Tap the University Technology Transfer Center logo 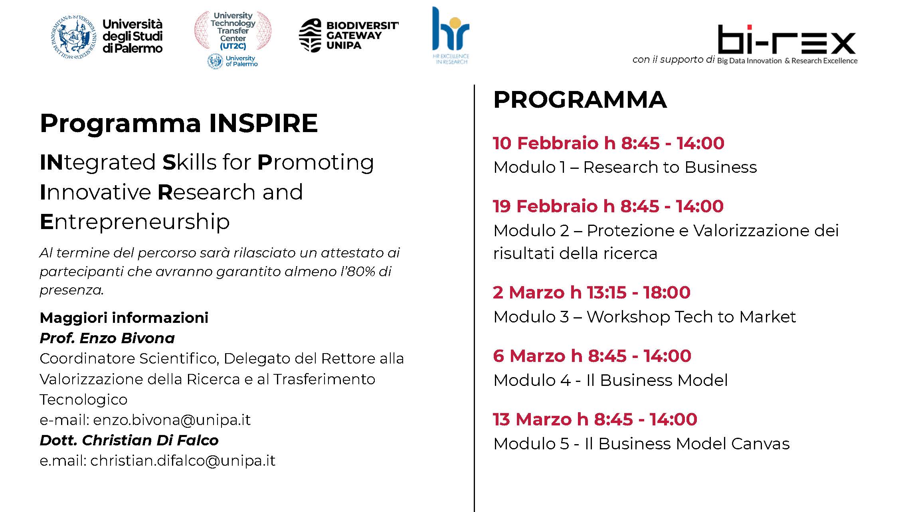(233, 40)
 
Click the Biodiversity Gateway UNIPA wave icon (310, 36)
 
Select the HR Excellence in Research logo (451, 36)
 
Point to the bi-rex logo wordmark (787, 40)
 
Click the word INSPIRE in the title (263, 123)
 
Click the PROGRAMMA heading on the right (580, 100)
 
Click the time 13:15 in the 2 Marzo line (607, 293)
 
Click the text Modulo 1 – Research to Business (625, 167)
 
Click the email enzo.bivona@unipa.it (172, 420)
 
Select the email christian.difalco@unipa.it (183, 461)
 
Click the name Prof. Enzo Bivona (107, 338)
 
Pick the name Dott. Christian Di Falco (129, 440)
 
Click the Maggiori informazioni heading (124, 318)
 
